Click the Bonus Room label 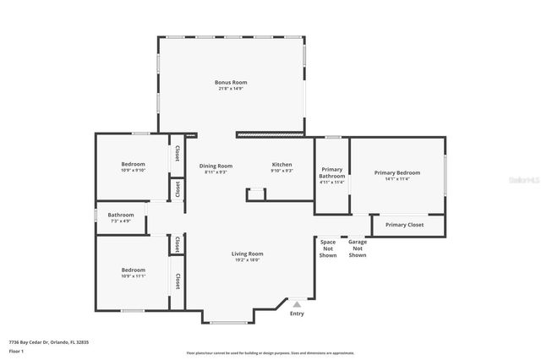coord(231,82)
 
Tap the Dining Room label coord(216,166)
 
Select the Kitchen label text coord(281,165)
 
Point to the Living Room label coord(248,254)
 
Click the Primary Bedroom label coord(397,172)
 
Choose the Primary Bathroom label coord(332,173)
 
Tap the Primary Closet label coord(404,225)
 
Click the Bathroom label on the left coord(121,215)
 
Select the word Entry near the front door coord(297,314)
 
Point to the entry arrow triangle coord(297,303)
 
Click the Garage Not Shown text coord(358,248)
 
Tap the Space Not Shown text coord(328,248)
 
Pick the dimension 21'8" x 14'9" coord(231,88)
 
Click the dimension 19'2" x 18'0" coord(248,259)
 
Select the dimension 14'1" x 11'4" coord(397,178)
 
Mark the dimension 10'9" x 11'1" coord(134,276)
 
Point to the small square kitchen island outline coord(256,195)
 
